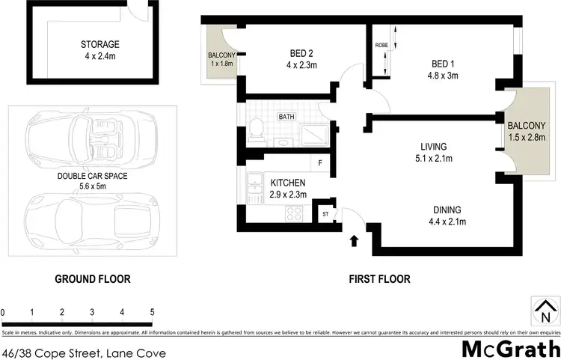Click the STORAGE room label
100,44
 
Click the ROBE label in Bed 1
380,45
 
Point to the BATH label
286,117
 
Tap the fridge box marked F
321,162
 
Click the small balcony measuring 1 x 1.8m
221,58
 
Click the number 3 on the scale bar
92,312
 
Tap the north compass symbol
545,309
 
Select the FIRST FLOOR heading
380,279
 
